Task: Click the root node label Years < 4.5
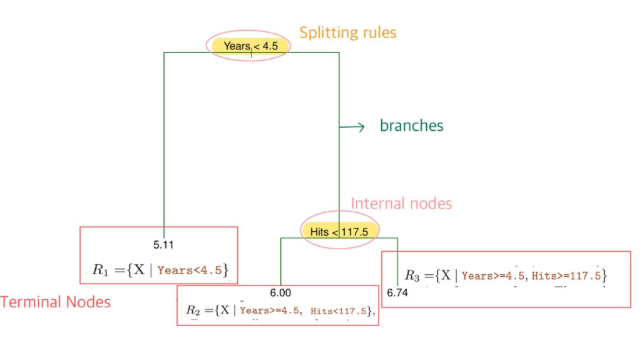[249, 46]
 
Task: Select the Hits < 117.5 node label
[340, 232]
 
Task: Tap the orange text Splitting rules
[347, 33]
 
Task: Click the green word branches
[411, 125]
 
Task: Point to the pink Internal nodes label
[401, 203]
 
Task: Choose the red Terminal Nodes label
[56, 302]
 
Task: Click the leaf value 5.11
[163, 245]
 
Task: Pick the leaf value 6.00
[280, 292]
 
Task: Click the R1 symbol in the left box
[101, 270]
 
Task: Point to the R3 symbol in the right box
[412, 275]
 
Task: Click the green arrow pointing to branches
[353, 127]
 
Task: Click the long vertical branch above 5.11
[164, 144]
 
